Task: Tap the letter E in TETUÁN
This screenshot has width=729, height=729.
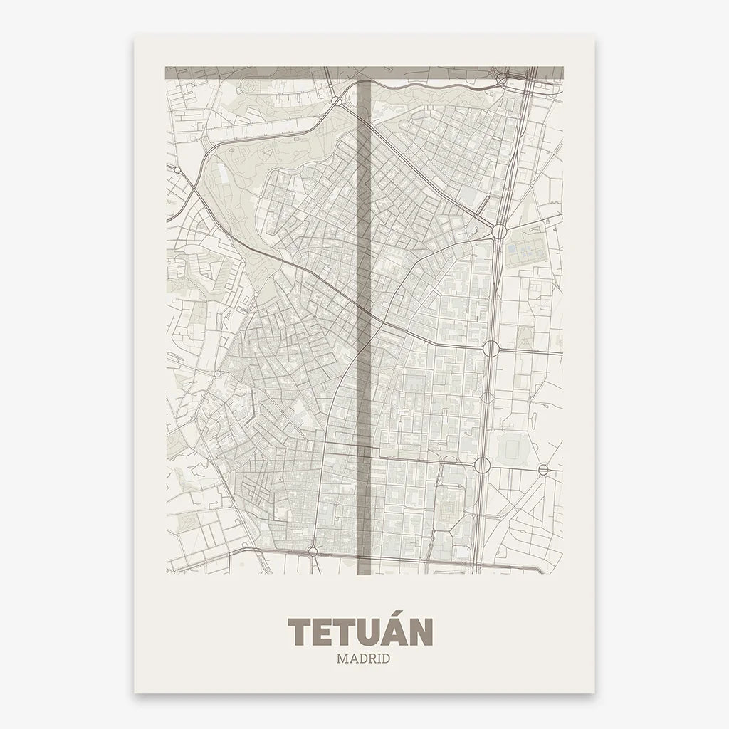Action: (x=324, y=632)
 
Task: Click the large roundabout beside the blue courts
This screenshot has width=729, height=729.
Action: (x=499, y=231)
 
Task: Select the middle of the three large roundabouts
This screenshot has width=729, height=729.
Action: (x=491, y=348)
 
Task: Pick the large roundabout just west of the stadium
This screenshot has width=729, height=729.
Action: (x=482, y=466)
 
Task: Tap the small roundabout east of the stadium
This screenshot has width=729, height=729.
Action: (x=543, y=469)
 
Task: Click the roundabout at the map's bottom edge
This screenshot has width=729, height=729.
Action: (x=313, y=550)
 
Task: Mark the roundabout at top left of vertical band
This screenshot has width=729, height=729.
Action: (x=336, y=101)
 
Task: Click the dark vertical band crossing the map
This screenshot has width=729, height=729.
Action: (x=364, y=320)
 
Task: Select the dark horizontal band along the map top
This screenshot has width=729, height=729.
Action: (x=364, y=72)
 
